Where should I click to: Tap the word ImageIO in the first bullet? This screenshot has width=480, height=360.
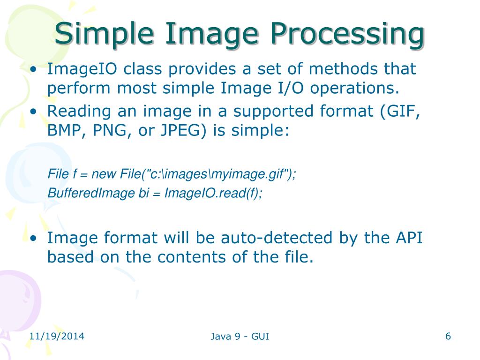(79, 69)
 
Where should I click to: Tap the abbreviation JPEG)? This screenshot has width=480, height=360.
(185, 130)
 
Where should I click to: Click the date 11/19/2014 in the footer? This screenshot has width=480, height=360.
(56, 336)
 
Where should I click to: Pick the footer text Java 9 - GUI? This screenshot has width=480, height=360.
(240, 336)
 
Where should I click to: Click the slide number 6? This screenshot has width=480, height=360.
(448, 336)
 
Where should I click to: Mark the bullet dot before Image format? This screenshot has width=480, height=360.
(33, 239)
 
